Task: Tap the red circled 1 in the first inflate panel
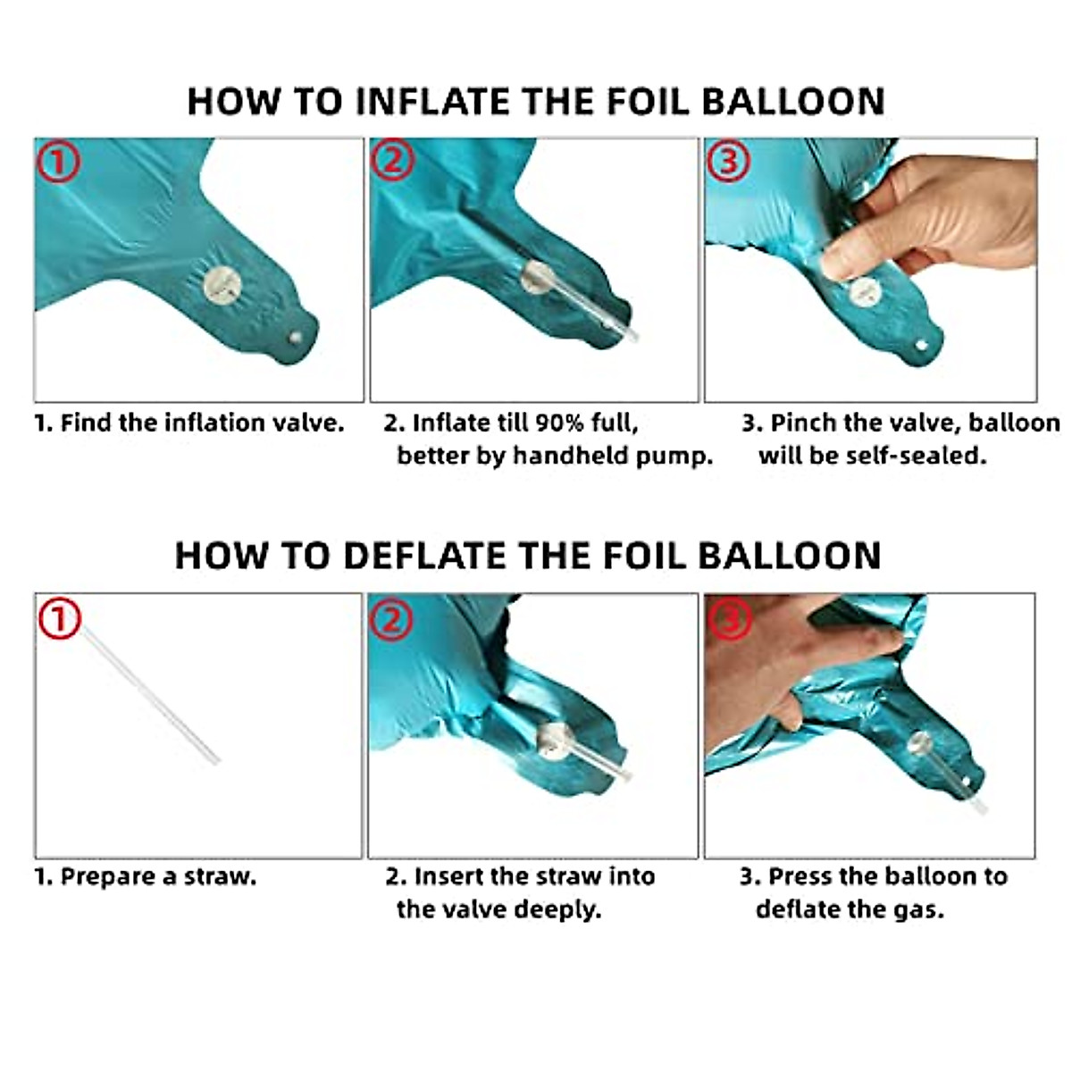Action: tap(58, 161)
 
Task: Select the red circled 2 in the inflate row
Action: tap(393, 160)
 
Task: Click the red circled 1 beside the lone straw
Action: tap(60, 618)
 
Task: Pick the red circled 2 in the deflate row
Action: tap(391, 618)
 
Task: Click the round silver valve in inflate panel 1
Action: tap(222, 285)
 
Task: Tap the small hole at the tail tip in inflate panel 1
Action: tap(296, 337)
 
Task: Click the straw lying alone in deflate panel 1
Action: tap(151, 695)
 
